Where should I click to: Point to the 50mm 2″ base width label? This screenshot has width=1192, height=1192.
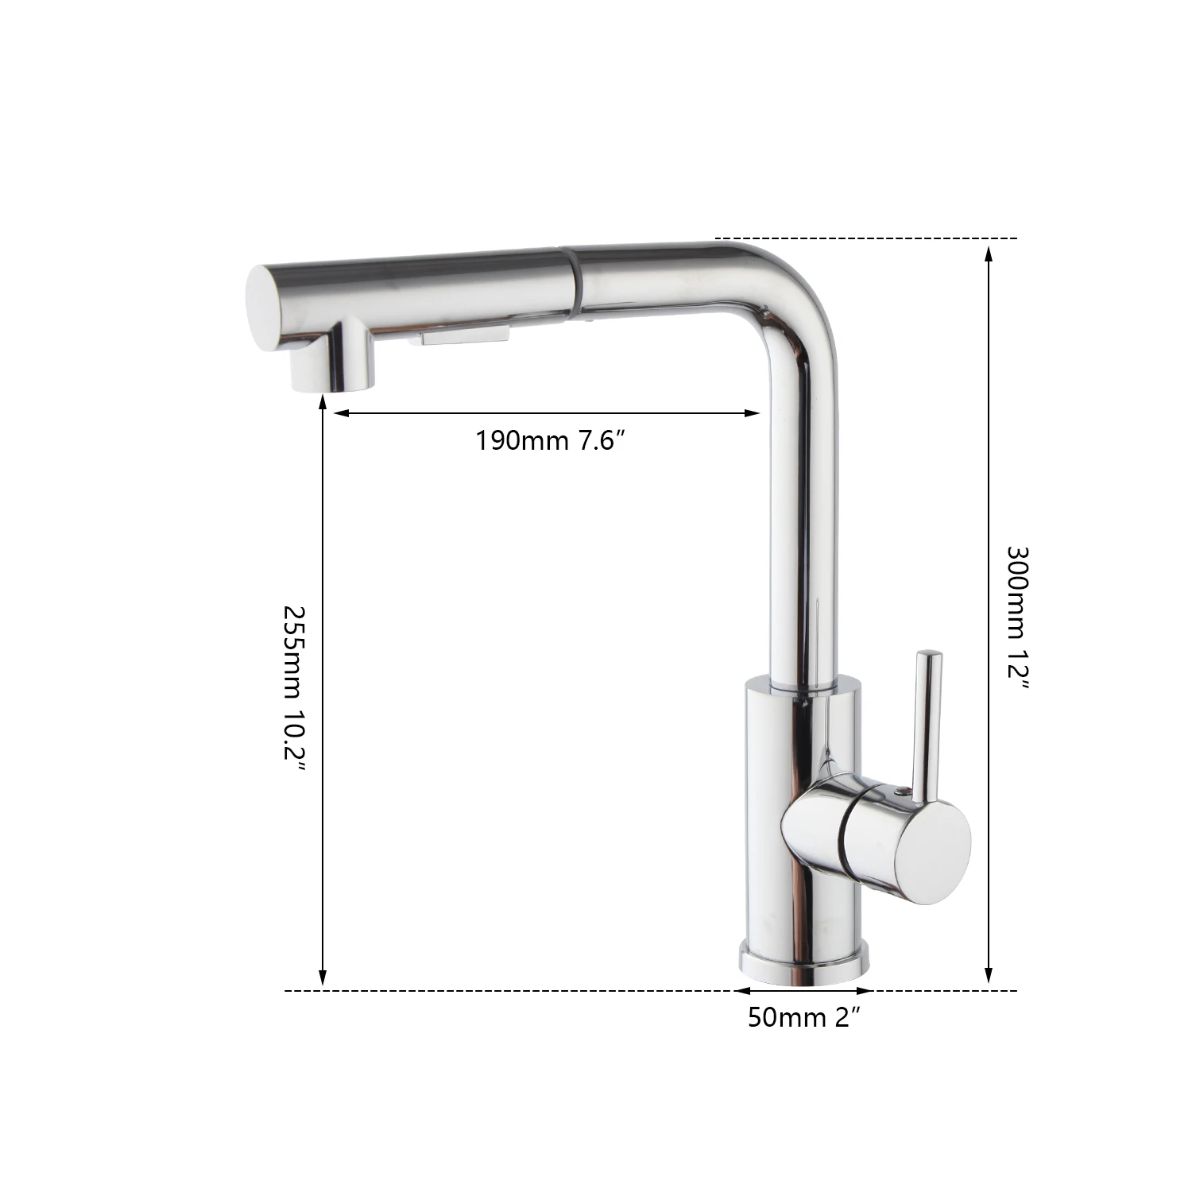[x=804, y=1018]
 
